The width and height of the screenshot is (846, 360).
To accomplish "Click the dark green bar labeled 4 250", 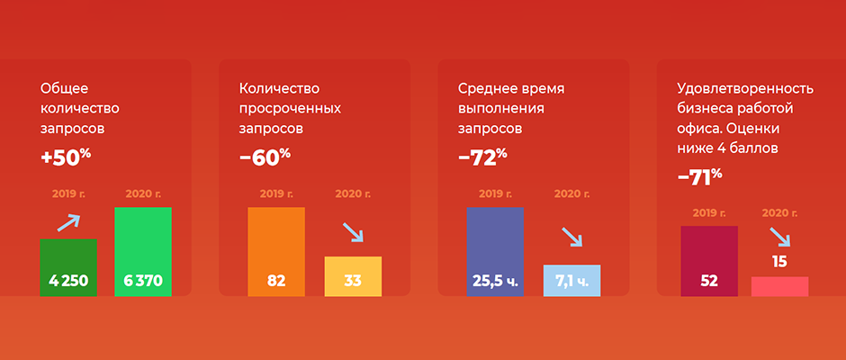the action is point(68,267).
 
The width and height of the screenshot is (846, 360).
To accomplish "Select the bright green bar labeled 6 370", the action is point(143,251).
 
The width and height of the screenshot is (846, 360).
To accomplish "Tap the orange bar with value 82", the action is point(276,251).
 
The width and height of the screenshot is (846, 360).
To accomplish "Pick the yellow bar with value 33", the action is point(353,276).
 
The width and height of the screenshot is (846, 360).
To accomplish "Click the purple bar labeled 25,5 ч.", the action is point(495,251).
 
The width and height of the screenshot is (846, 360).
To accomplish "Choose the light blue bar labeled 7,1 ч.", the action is point(571,280).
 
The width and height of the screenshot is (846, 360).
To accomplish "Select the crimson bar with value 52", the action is point(709,261).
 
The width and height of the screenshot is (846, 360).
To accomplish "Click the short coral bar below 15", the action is point(779,286).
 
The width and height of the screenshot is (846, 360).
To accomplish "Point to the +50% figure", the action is point(66,157).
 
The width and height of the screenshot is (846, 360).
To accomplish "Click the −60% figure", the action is point(265,157).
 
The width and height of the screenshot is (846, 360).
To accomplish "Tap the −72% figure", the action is point(483,157).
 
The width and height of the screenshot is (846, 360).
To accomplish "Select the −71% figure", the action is point(700,176).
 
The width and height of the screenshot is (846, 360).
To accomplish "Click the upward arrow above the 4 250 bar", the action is point(68,223).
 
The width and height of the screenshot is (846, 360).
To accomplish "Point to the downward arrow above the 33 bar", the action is point(354,232).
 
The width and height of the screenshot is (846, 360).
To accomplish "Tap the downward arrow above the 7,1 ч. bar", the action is point(572,237).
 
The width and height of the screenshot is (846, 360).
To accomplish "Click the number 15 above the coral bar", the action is point(779,262).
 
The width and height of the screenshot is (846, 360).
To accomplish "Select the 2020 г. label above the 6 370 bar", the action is point(143,193).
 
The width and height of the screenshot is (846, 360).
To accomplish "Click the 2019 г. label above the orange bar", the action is point(277,193).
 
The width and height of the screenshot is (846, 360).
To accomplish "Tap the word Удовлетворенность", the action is point(745,89).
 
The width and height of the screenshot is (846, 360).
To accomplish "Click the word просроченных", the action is point(291,109).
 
